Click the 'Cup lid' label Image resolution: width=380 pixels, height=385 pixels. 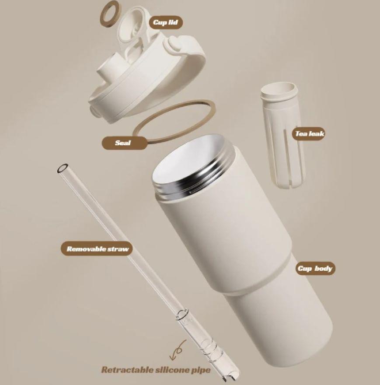pyautogui.click(x=166, y=22)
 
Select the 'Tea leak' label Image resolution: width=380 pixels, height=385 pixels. pyautogui.click(x=309, y=133)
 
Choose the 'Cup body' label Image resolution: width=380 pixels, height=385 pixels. pyautogui.click(x=315, y=268)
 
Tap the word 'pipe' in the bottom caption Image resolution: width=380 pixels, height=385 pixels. pyautogui.click(x=201, y=370)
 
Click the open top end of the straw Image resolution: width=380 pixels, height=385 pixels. pyautogui.click(x=63, y=168)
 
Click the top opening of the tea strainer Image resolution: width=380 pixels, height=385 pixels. pyautogui.click(x=279, y=90)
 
